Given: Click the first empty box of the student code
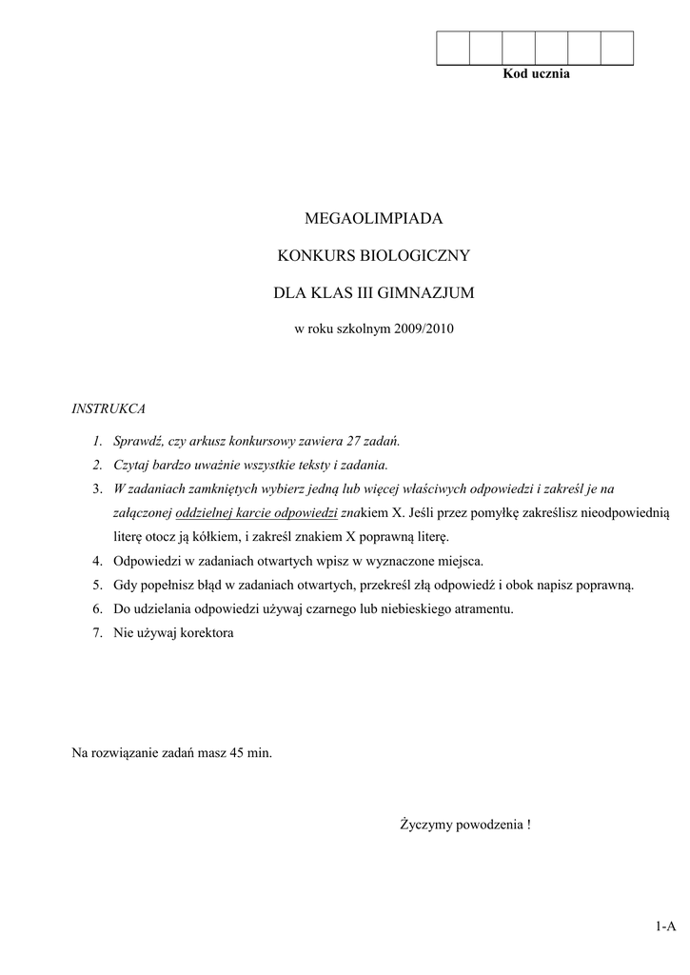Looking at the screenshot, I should click(453, 48).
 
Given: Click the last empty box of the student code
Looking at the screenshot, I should click(618, 48).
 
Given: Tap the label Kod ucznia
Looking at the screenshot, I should click(536, 74).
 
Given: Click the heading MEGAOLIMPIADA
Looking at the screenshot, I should click(374, 219).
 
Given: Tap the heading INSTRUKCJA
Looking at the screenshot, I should click(108, 408).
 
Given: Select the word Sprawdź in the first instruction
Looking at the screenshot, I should click(137, 441).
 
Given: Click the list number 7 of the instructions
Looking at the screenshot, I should click(97, 632).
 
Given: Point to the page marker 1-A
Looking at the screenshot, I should click(664, 925).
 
